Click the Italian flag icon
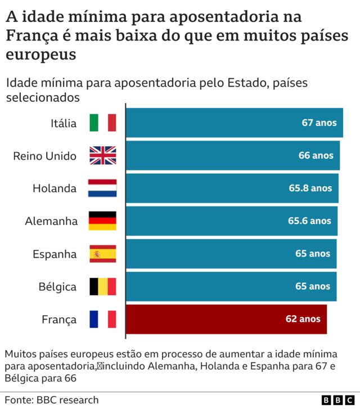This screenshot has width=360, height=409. [102, 123]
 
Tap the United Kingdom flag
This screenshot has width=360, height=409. [102, 155]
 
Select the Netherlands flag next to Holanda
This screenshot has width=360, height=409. [102, 188]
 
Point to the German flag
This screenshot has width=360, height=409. [102, 221]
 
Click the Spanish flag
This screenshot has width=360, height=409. [102, 254]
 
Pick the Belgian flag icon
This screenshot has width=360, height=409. [102, 286]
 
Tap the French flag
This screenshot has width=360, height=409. [102, 319]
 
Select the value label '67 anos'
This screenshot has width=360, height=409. [319, 123]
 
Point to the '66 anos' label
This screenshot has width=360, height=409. [316, 155]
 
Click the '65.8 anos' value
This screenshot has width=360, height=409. [310, 188]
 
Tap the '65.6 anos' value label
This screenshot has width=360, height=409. [309, 221]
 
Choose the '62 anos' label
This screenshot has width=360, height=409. [303, 319]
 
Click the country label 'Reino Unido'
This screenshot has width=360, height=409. [44, 156]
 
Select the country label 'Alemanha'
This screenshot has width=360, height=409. [51, 221]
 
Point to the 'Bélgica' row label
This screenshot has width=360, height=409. [57, 287]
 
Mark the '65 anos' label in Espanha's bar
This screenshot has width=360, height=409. [313, 254]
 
